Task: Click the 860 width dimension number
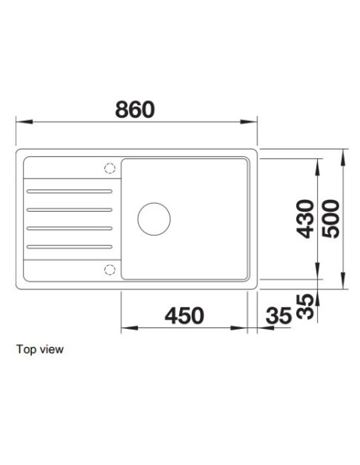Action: click(135, 109)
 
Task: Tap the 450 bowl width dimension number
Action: click(184, 315)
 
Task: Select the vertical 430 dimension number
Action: click(305, 219)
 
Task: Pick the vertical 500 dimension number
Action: click(331, 219)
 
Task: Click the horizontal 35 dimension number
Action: click(279, 315)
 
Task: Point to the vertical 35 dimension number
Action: click(305, 307)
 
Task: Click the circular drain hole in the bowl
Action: click(154, 219)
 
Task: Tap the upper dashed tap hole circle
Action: click(110, 169)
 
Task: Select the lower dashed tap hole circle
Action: click(110, 270)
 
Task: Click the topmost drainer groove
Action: click(69, 191)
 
